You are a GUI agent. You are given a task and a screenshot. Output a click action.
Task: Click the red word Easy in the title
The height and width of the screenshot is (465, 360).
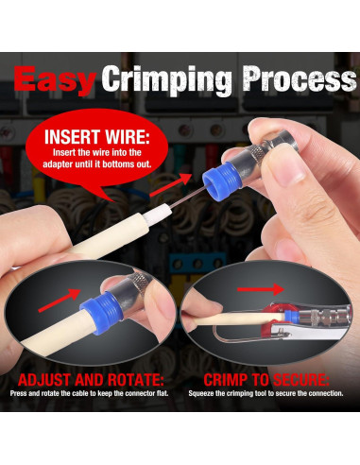tap(54, 80)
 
